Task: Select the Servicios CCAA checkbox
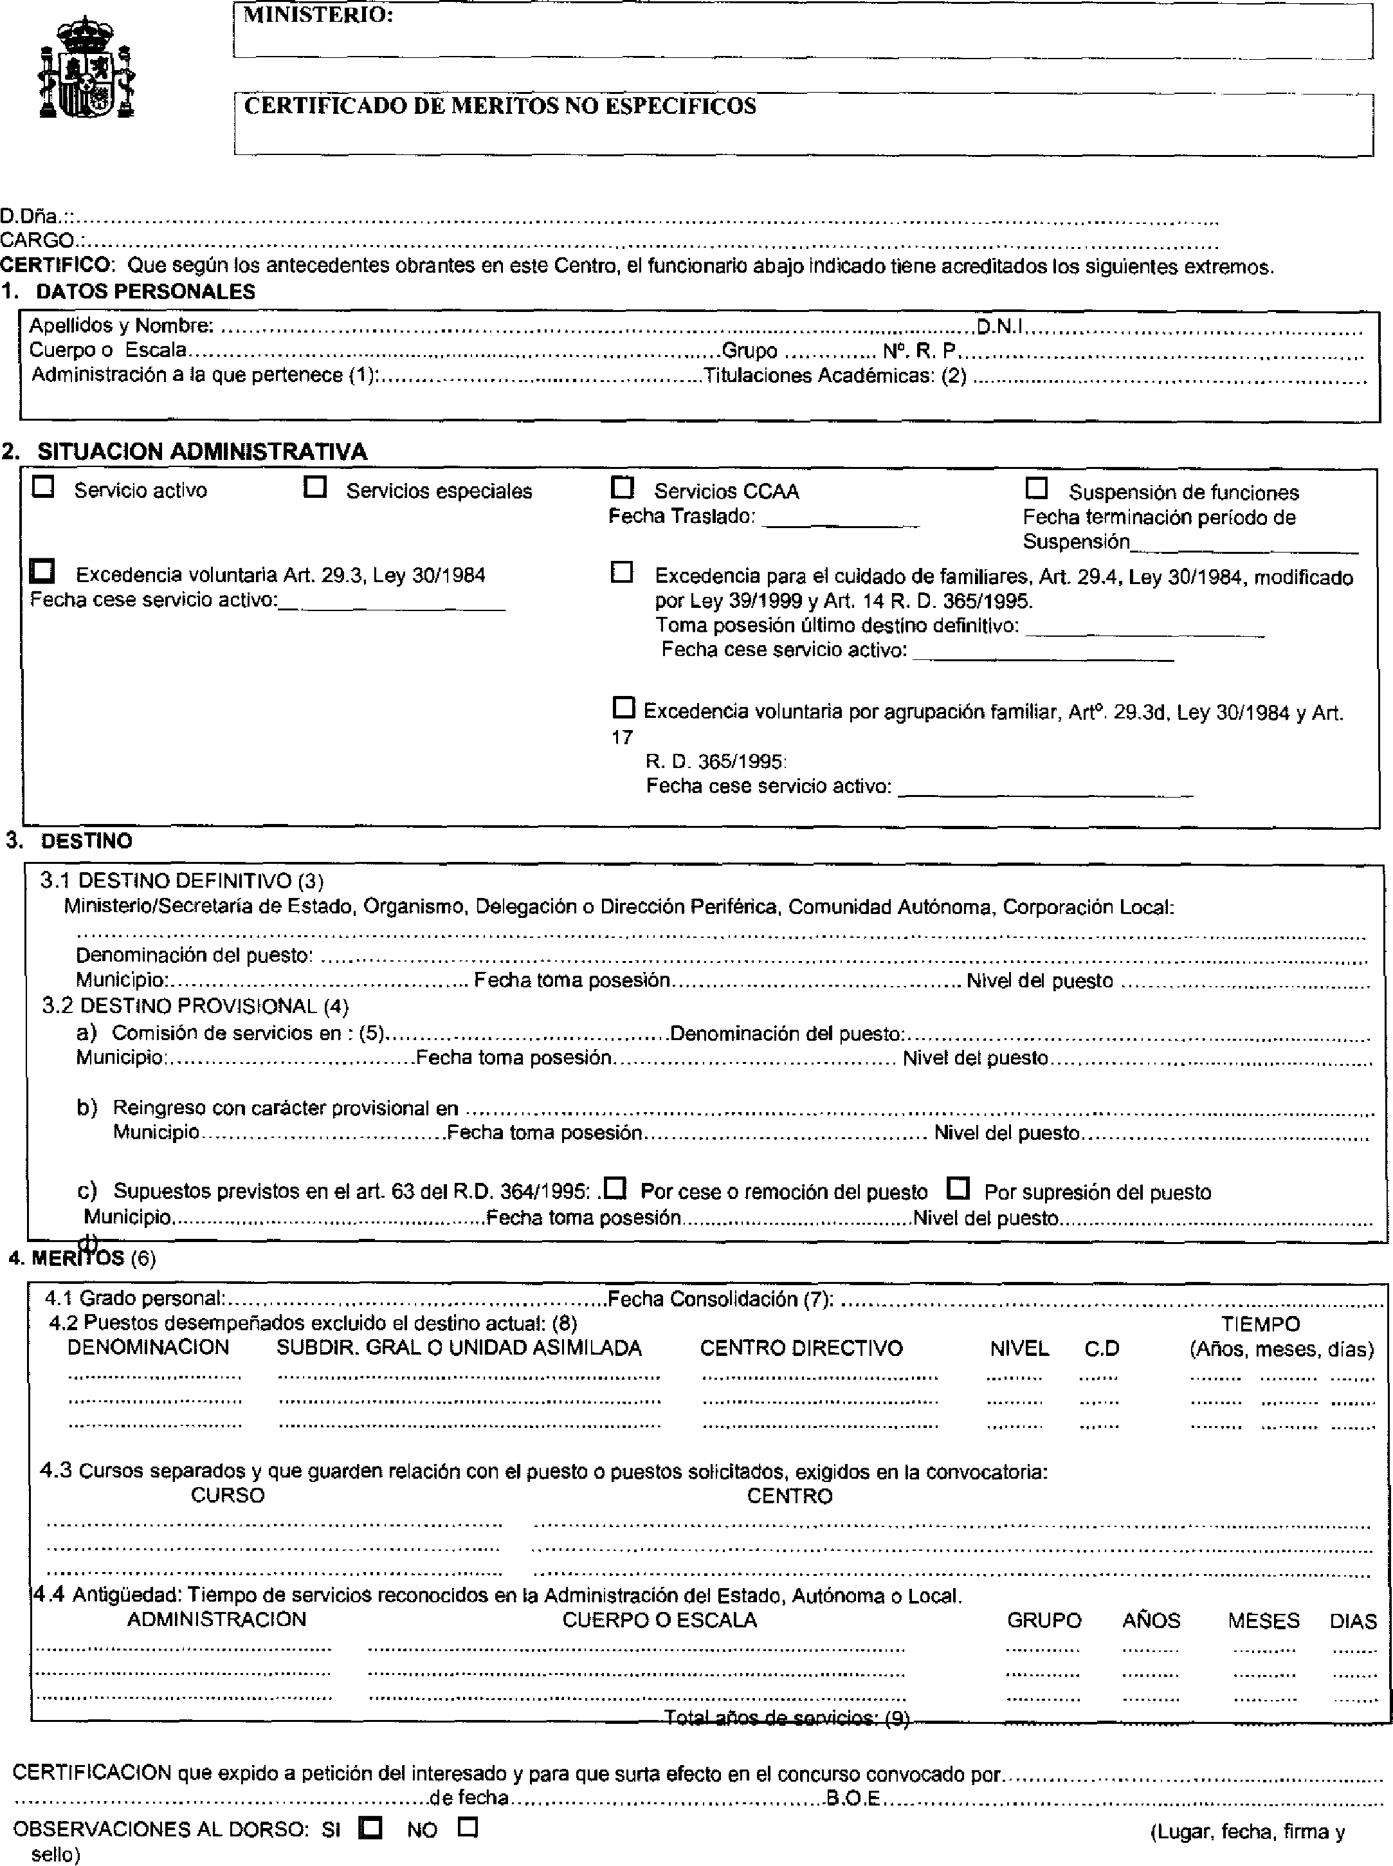(x=623, y=488)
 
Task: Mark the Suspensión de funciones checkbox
(x=1036, y=488)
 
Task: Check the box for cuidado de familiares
(x=621, y=572)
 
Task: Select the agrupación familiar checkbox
(x=623, y=707)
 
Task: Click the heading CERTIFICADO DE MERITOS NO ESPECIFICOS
(x=500, y=106)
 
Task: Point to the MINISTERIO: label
(x=318, y=15)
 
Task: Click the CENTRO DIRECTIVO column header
(x=801, y=1348)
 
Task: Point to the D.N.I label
(x=999, y=325)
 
